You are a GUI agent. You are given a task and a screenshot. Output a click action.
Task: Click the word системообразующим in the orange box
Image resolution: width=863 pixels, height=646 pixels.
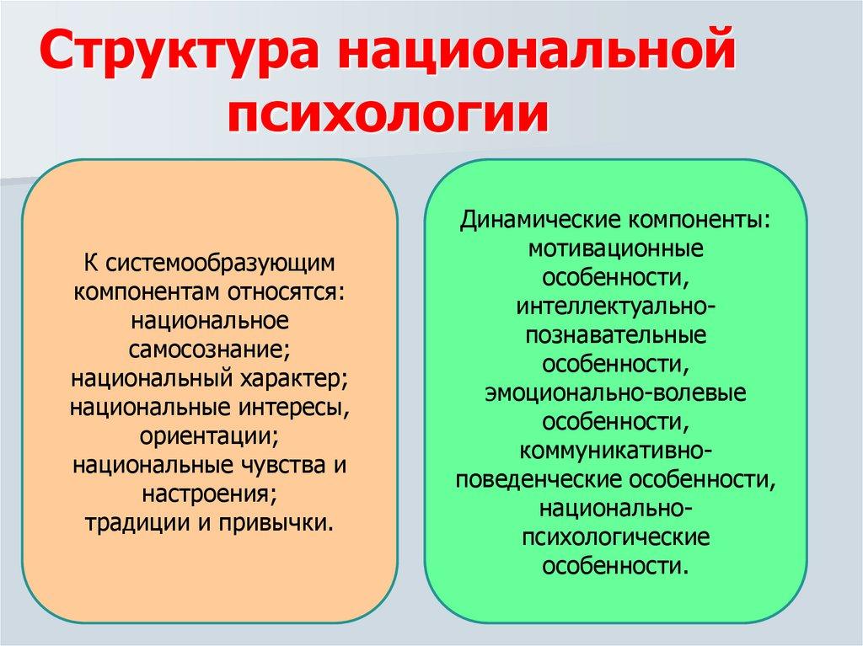click(220, 264)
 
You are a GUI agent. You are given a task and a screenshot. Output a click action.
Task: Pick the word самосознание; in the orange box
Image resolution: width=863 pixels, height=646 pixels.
click(211, 350)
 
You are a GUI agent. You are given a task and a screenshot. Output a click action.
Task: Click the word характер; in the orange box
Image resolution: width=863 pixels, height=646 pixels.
click(296, 378)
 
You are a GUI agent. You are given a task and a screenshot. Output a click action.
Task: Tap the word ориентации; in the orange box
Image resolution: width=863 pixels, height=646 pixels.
click(211, 436)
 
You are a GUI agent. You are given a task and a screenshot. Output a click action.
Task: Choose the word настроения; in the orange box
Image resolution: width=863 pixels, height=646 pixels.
click(211, 494)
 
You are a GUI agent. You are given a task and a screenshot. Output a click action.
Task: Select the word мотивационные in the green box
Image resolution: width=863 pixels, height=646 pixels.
click(616, 248)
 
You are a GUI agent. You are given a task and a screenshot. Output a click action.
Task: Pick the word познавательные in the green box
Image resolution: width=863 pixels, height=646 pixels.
click(616, 335)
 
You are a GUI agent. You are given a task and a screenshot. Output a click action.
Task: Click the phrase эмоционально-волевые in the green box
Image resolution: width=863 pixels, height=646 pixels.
click(616, 392)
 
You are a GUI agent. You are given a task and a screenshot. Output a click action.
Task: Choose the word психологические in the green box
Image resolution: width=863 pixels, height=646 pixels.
click(616, 536)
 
